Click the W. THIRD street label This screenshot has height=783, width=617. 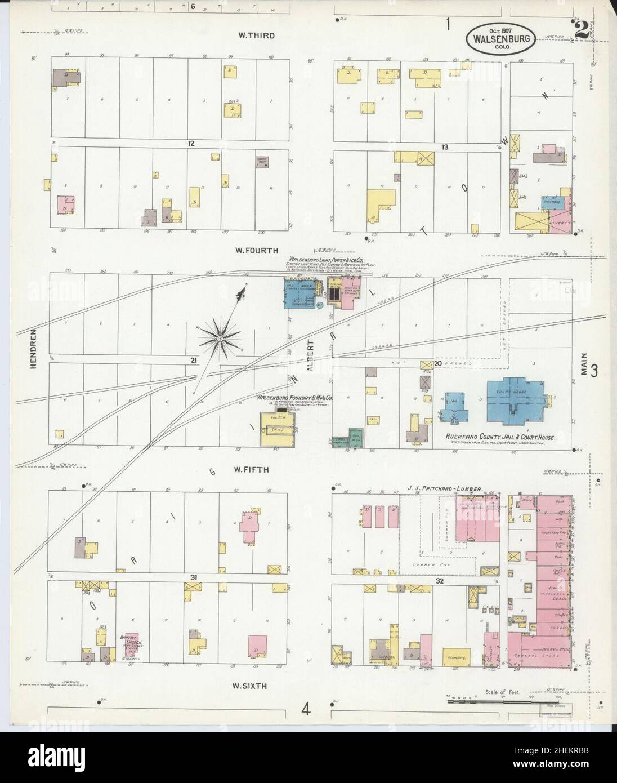click(x=256, y=36)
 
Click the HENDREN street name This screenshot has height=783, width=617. click(x=34, y=349)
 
